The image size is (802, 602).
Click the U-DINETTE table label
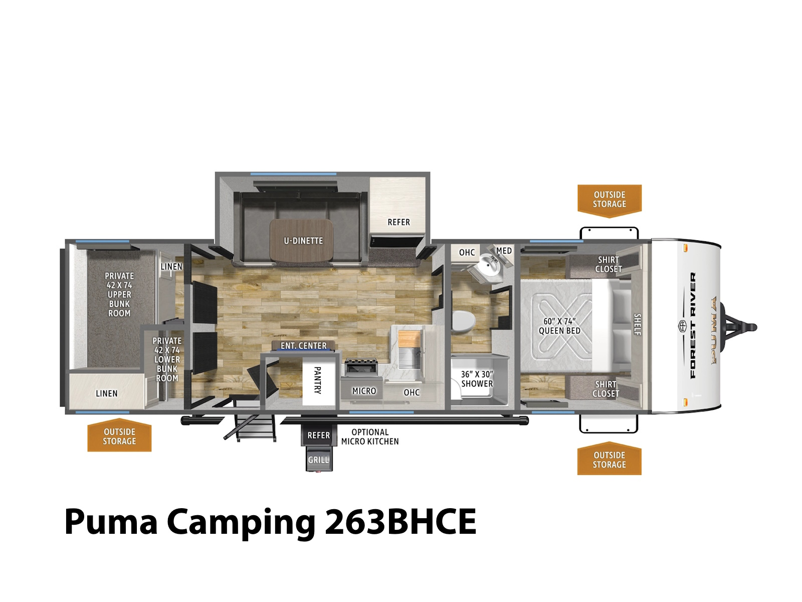coord(303,241)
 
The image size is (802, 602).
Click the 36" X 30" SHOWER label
coord(477,379)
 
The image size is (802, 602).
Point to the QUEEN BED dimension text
coord(559,326)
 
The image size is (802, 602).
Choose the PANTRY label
coord(317,380)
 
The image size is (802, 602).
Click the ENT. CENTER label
coord(303,346)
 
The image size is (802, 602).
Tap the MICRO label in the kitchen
coord(364,391)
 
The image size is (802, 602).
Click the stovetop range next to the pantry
coord(361,367)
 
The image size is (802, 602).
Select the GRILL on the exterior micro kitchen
coord(318,460)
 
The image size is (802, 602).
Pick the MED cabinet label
coord(504,251)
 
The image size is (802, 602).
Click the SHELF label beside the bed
coord(637,324)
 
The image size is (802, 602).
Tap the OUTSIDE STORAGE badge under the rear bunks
coord(119,436)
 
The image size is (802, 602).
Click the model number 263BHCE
coord(400,521)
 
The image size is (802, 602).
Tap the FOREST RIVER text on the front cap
coord(692,325)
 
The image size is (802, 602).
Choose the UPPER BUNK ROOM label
coord(119,294)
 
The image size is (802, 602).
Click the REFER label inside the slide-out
coord(398,222)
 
